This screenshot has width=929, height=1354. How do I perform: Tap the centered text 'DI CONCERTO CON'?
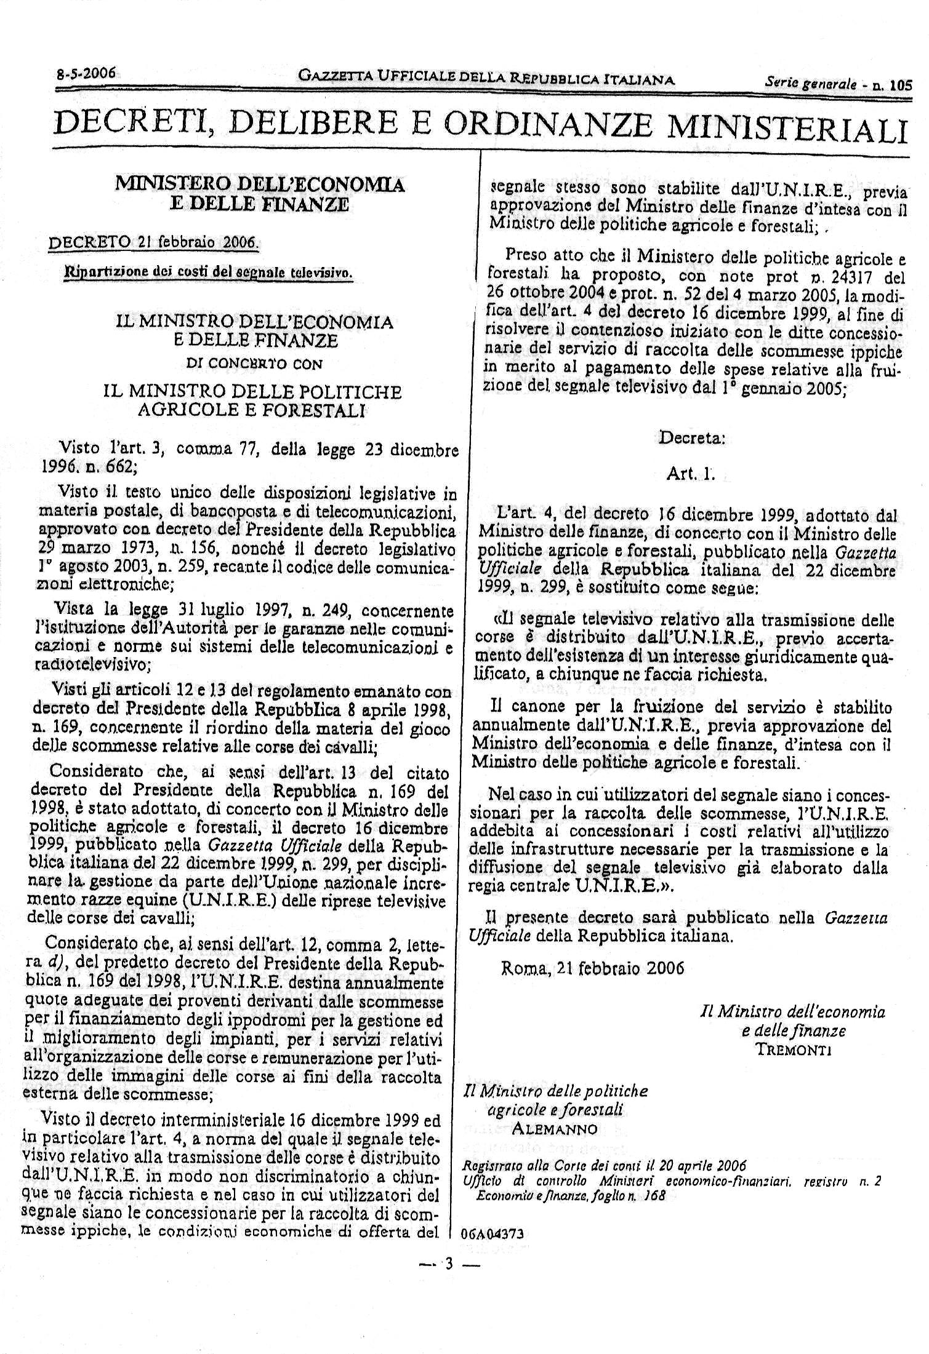254,364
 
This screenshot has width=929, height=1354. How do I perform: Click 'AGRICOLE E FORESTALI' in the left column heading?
251,410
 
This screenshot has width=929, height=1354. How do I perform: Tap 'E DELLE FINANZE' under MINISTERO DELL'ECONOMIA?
259,204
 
